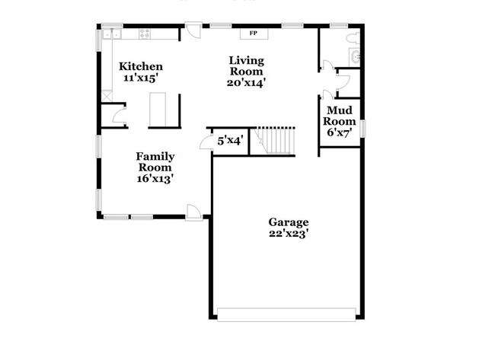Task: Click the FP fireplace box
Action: coord(252,33)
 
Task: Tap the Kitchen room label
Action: coord(141,67)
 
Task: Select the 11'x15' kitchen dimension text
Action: coord(141,78)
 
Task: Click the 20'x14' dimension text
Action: coord(246,82)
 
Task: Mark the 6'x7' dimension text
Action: coord(339,132)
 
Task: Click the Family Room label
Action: coord(155,162)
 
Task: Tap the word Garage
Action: coord(288,222)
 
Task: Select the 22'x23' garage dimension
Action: coord(288,234)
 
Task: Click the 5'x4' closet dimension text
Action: coord(229,141)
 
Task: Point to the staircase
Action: coord(276,141)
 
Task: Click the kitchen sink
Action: coord(113,33)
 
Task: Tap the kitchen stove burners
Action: coord(145,33)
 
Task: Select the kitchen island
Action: coord(158,109)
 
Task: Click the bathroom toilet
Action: coord(353,36)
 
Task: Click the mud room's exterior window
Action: coord(363,129)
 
